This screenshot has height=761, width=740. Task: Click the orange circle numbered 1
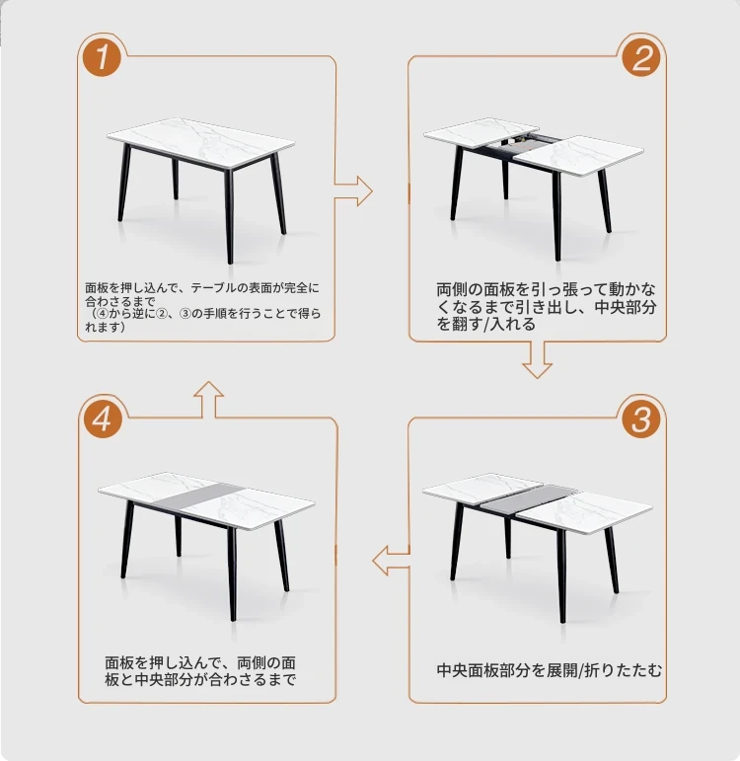[x=102, y=58]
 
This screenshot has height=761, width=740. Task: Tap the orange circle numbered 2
[x=641, y=58]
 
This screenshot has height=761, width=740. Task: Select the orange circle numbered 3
[x=641, y=419]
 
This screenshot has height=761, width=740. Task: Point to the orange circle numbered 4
[x=102, y=419]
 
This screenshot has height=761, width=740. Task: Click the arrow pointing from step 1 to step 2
[x=354, y=190]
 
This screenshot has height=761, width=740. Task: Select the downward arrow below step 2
[x=537, y=360]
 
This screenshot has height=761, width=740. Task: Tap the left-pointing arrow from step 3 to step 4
[x=391, y=560]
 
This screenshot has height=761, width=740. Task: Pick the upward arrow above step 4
[x=208, y=399]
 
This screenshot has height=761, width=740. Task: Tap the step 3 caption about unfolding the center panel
[x=550, y=670]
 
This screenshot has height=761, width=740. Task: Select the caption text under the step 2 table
[x=547, y=307]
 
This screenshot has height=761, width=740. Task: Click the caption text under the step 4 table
[x=200, y=671]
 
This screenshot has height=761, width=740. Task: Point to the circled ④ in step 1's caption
[x=103, y=314]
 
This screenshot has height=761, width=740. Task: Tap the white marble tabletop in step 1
[x=201, y=143]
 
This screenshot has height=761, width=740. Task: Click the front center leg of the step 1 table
[x=229, y=216]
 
